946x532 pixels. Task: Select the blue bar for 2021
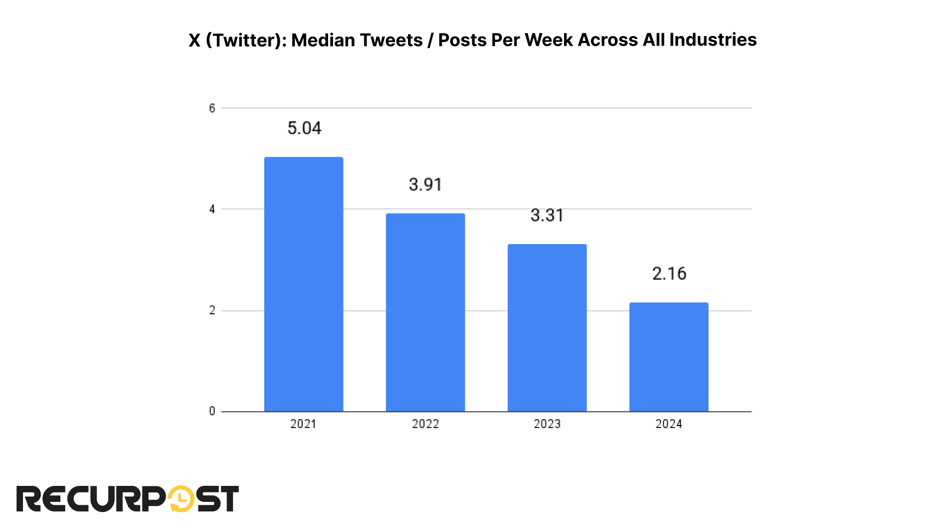pyautogui.click(x=303, y=284)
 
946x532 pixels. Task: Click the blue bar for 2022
pyautogui.click(x=425, y=313)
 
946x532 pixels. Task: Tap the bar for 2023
pyautogui.click(x=547, y=328)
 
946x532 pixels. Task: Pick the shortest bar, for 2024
pyautogui.click(x=669, y=357)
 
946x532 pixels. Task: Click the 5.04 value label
pyautogui.click(x=304, y=128)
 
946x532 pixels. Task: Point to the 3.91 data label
pyautogui.click(x=425, y=184)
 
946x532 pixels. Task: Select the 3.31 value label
pyautogui.click(x=547, y=215)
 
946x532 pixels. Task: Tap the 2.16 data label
pyautogui.click(x=669, y=274)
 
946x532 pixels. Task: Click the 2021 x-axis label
pyautogui.click(x=303, y=424)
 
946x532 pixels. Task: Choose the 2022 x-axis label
pyautogui.click(x=425, y=424)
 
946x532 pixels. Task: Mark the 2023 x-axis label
pyautogui.click(x=547, y=424)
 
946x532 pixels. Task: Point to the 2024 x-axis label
pyautogui.click(x=669, y=424)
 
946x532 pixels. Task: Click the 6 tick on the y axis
pyautogui.click(x=212, y=108)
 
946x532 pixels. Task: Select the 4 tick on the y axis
pyautogui.click(x=212, y=209)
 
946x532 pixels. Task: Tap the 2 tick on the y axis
pyautogui.click(x=212, y=310)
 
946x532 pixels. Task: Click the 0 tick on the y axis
pyautogui.click(x=212, y=411)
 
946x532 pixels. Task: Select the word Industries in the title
pyautogui.click(x=712, y=40)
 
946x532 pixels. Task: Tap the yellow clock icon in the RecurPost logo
pyautogui.click(x=182, y=499)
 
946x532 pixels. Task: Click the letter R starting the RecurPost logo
pyautogui.click(x=28, y=499)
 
